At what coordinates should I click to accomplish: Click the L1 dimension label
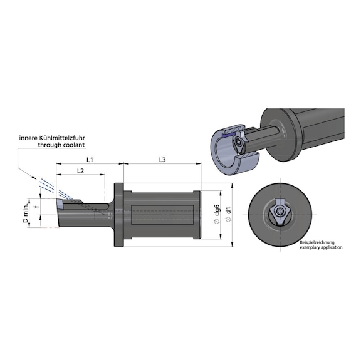click(x=90, y=160)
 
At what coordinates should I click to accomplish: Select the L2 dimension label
click(x=80, y=171)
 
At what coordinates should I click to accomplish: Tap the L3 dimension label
click(x=162, y=160)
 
